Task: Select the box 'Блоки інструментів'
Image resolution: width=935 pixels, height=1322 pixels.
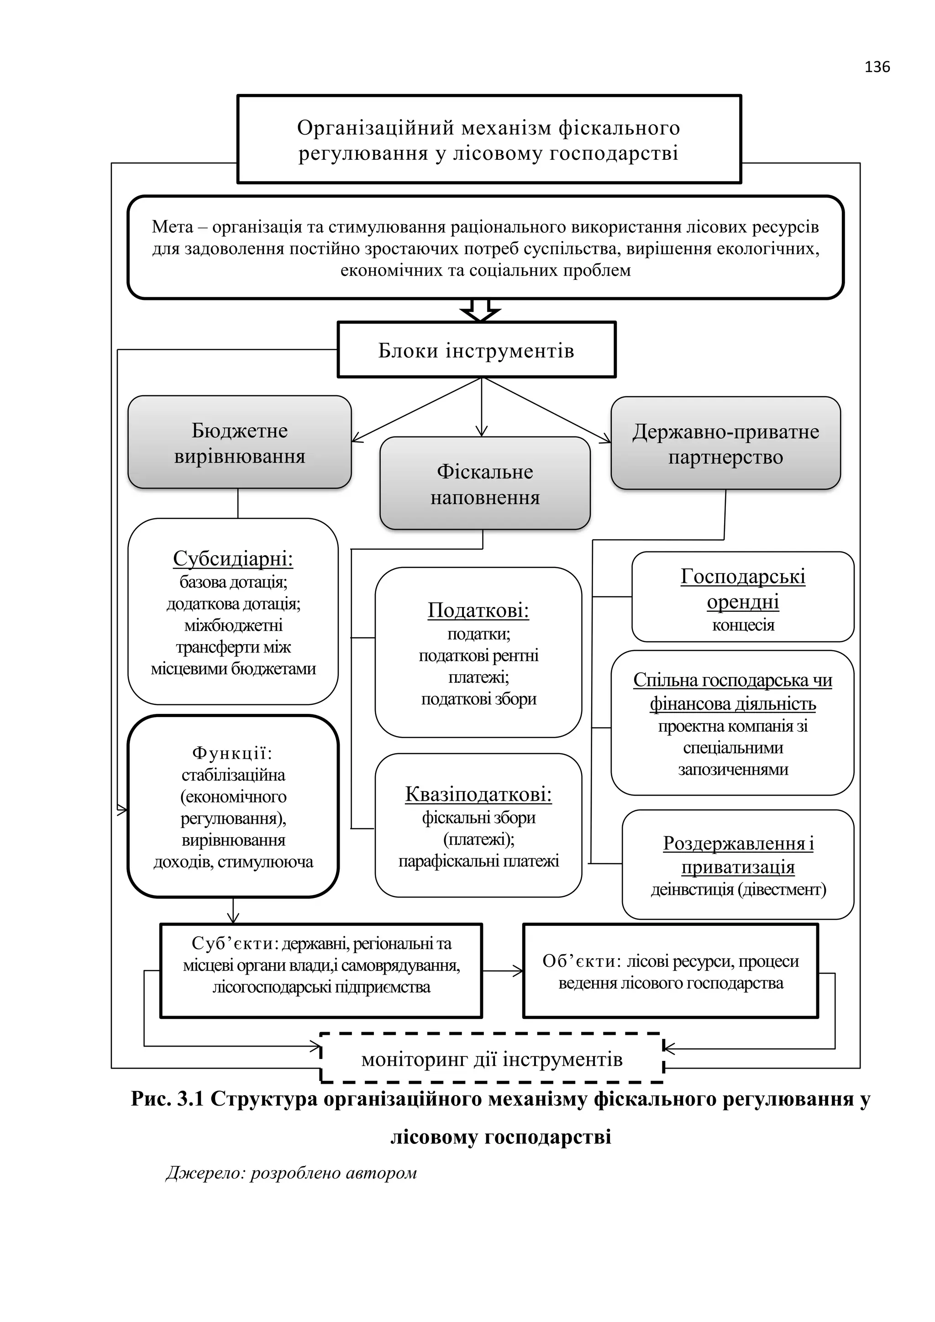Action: pos(476,350)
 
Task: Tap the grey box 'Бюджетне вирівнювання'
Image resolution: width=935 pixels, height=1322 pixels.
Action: pos(240,443)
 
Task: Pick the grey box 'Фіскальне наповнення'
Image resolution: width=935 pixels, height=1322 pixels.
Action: pos(485,484)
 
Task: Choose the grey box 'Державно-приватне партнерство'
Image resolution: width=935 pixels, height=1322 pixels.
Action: pos(725,444)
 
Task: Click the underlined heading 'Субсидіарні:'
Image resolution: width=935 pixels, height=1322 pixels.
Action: pos(233,558)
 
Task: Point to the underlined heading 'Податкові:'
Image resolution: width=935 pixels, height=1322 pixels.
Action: pos(478,610)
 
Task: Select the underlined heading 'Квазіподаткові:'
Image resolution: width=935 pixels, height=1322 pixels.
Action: pos(478,795)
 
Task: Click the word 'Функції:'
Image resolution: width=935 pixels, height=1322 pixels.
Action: pos(232,753)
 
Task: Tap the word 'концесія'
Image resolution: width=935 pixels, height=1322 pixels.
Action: pos(743,625)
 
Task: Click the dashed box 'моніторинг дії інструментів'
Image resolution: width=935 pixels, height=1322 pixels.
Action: pos(492,1060)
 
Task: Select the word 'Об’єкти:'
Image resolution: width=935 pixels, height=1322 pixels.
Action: pos(582,961)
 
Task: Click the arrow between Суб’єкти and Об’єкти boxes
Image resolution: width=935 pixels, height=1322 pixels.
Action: pos(502,971)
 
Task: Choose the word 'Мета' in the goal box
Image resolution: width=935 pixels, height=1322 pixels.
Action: pos(172,227)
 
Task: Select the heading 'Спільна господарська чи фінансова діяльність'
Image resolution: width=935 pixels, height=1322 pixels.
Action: pos(732,692)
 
